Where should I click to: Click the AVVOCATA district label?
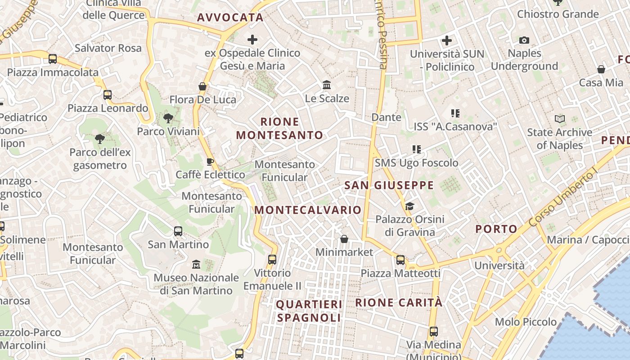click(230, 18)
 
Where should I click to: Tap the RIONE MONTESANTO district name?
click(279, 128)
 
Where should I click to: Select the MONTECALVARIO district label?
click(308, 210)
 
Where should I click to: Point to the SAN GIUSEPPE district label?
click(389, 185)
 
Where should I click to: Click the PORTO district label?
click(496, 229)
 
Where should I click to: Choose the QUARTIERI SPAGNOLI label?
click(309, 311)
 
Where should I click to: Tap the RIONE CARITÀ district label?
click(399, 302)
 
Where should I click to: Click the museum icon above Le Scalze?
click(327, 85)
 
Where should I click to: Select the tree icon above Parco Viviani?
click(168, 119)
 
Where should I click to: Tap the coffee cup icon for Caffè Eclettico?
click(210, 162)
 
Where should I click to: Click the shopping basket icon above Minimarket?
click(344, 239)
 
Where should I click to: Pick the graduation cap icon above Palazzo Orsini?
click(409, 207)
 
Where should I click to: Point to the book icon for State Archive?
click(560, 119)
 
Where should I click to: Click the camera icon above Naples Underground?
click(524, 40)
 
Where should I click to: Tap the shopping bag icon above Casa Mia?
click(601, 69)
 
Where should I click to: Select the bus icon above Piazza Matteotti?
click(400, 260)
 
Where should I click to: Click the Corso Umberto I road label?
click(562, 196)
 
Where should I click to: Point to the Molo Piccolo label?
click(526, 322)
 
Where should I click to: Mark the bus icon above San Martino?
click(178, 231)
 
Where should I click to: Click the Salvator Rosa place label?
click(108, 48)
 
